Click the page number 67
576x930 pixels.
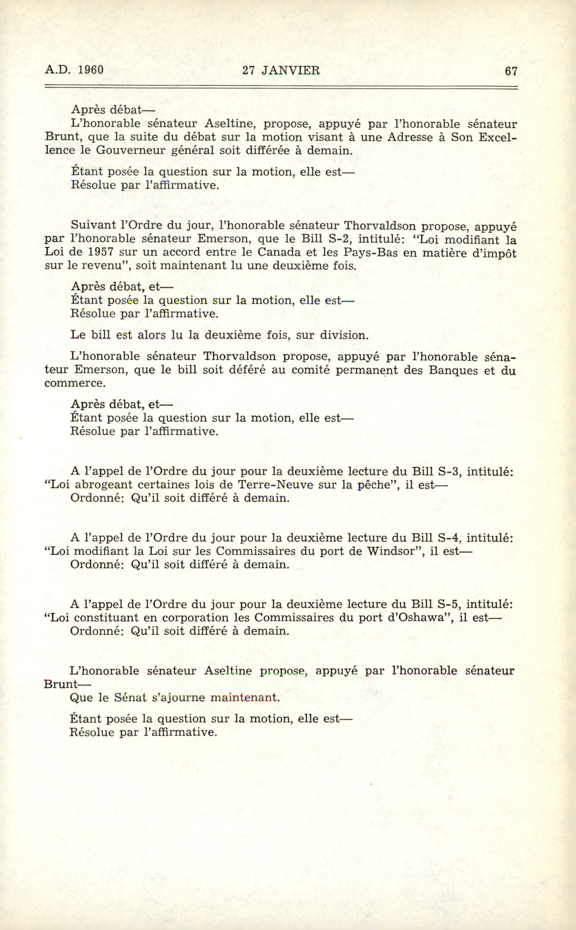(x=511, y=71)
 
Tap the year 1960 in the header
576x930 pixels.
(x=91, y=70)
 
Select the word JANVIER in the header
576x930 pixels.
(x=291, y=70)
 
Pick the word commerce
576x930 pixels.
(x=75, y=383)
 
